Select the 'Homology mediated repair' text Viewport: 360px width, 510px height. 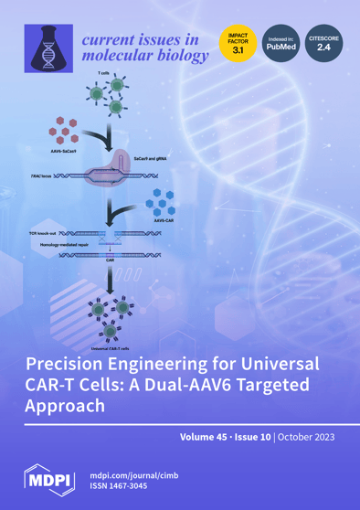tap(65, 247)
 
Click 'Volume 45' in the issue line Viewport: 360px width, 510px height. tap(205, 438)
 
